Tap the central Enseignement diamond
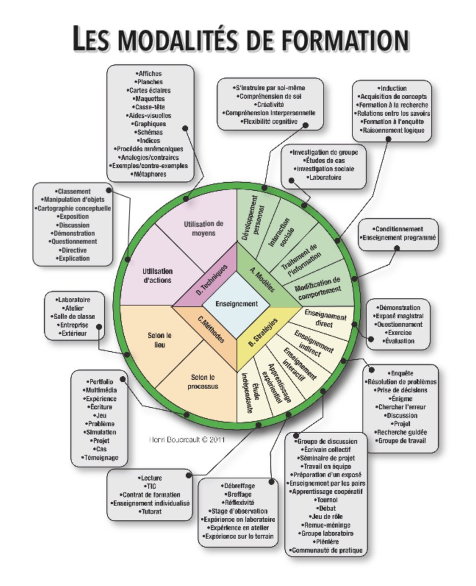coord(237,304)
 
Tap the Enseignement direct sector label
coord(326,318)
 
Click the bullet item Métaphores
coord(151,174)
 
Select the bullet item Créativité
coord(270,105)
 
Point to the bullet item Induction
coord(393,88)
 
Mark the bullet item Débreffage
coord(239,486)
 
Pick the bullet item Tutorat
coord(151,511)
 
